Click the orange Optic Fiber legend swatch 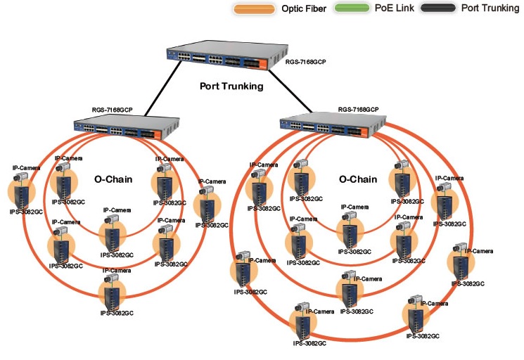pos(253,9)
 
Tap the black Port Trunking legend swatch pos(435,9)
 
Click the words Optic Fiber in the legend pos(304,9)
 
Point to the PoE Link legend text pos(392,9)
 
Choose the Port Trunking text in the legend pos(490,9)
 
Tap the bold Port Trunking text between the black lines pos(230,86)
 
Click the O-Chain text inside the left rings pos(114,179)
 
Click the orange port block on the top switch pos(261,64)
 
